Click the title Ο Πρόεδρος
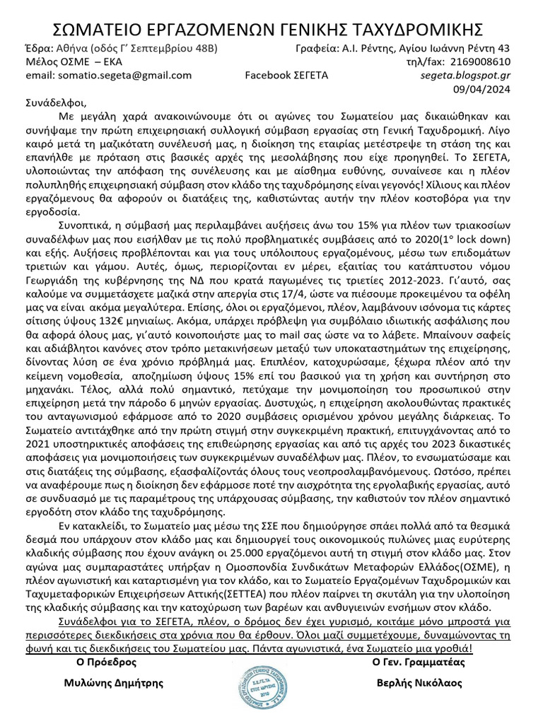[107, 662]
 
